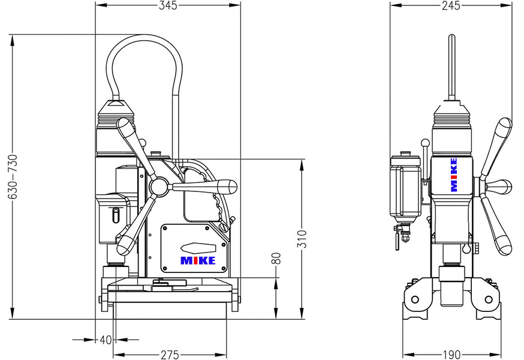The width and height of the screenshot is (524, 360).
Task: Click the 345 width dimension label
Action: [168, 6]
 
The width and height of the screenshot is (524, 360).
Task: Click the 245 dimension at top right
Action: [450, 6]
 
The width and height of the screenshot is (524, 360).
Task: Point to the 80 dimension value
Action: [276, 259]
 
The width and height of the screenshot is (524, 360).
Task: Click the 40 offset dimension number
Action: [106, 340]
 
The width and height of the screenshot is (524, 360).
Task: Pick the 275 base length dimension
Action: [169, 355]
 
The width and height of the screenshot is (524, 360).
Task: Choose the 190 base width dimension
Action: [450, 355]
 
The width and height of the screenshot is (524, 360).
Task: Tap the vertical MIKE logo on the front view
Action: [454, 175]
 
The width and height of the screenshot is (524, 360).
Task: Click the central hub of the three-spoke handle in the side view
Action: [159, 188]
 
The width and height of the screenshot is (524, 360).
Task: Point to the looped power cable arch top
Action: [144, 38]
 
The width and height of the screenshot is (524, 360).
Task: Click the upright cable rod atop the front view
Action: [451, 66]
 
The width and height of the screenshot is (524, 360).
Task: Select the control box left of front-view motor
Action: [403, 187]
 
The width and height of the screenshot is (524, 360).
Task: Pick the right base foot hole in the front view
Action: [489, 298]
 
